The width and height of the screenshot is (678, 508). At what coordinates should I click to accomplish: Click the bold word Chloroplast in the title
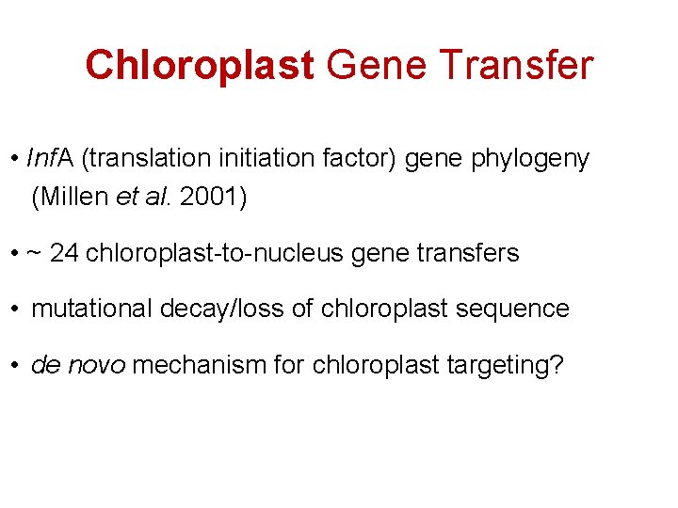(199, 66)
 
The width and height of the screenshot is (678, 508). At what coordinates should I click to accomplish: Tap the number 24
(64, 253)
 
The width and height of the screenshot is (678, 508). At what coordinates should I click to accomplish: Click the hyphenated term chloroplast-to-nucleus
(224, 253)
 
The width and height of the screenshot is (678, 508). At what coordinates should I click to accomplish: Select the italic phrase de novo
(78, 365)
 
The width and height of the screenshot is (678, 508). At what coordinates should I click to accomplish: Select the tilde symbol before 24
(35, 254)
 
